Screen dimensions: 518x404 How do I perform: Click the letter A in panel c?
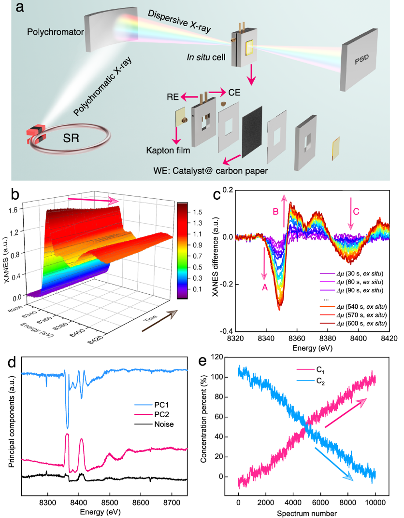(265, 286)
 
